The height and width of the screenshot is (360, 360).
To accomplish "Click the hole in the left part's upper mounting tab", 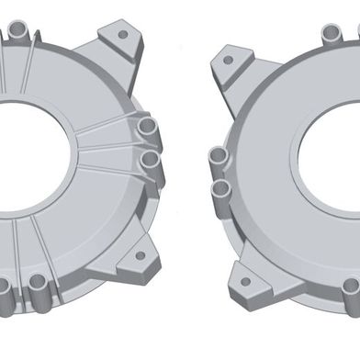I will (121, 35).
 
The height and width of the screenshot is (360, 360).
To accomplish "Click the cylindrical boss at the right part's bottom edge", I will (350, 292).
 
